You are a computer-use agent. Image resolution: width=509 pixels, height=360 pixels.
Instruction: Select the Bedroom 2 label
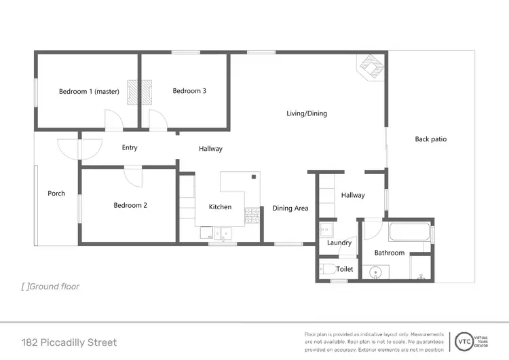coord(130,205)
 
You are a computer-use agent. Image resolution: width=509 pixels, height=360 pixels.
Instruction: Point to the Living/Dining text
coord(307,113)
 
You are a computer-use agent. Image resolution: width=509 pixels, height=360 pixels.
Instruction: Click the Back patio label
coord(431,139)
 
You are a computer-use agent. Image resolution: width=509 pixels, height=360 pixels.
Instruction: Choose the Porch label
coord(56,194)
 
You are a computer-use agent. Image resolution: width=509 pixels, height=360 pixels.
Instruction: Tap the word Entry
coord(130,147)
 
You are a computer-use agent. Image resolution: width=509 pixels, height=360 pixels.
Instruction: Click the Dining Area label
coord(290,209)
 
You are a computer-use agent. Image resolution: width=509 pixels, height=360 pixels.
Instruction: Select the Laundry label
coord(339,242)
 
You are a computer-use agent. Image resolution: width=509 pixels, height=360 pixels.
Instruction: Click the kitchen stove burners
coord(252,216)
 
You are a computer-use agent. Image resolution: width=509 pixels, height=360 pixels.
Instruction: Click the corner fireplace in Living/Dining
coord(370,67)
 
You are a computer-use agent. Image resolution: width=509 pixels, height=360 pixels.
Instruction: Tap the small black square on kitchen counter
coord(253,177)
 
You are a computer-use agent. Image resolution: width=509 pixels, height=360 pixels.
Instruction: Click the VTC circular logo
coord(465,341)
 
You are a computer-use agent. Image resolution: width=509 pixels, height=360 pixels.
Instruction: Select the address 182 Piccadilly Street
coord(69,342)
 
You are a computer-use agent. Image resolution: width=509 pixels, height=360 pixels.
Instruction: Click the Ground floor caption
coord(51,287)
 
